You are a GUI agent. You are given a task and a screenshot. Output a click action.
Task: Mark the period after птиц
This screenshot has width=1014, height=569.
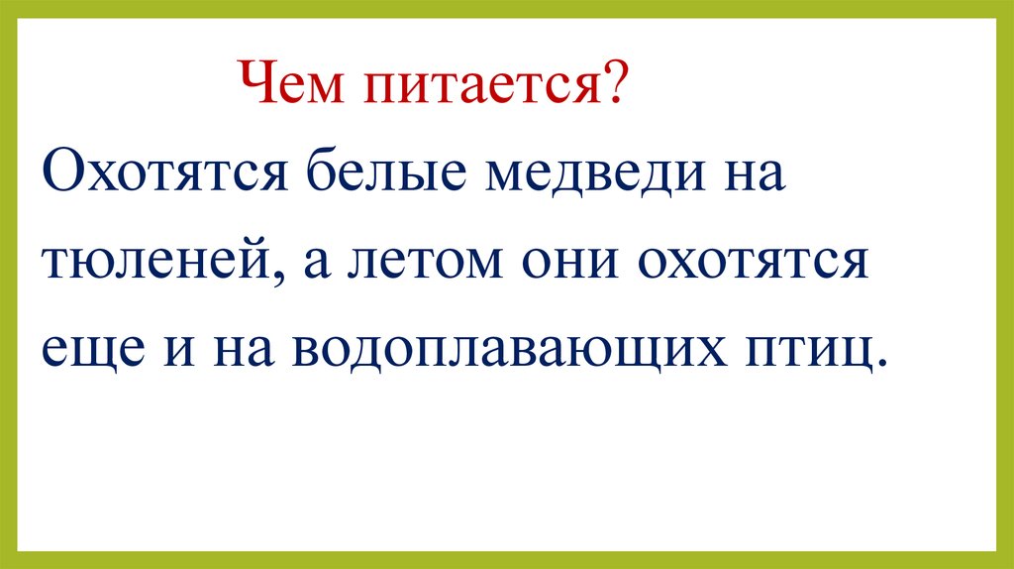point(877,366)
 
